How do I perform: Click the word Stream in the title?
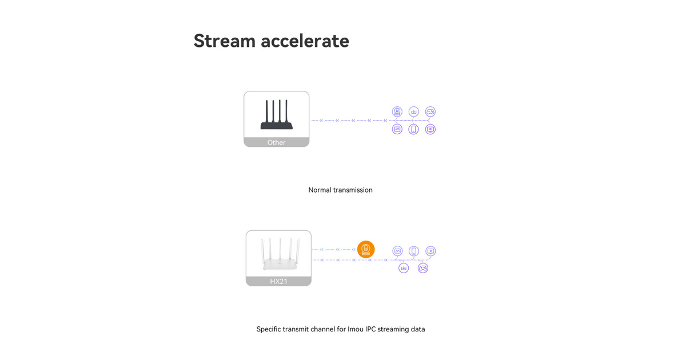coord(225,41)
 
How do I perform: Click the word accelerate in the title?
coord(305,41)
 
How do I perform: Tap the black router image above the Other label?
coord(277,114)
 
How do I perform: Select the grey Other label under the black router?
coord(277,142)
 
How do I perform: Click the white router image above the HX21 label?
coord(280,254)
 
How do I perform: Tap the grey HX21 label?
coord(279,281)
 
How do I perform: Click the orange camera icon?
coord(366,250)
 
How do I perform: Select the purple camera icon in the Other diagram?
coord(397,111)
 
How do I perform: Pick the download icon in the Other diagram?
coord(414,111)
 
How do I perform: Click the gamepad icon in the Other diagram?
coord(430,111)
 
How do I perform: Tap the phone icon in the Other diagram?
coord(413,129)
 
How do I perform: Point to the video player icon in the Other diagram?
coord(430,129)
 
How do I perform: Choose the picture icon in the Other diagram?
coord(397,129)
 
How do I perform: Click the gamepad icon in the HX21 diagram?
coord(423,268)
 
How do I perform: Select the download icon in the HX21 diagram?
coord(404,268)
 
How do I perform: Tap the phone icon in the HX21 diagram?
coord(414,251)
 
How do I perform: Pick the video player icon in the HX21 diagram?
coord(430,251)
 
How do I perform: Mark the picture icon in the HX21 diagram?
coord(397,251)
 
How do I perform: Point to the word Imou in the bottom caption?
coord(356,329)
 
